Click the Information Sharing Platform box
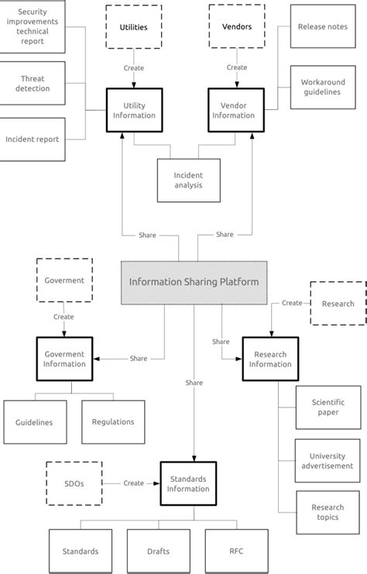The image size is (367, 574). pyautogui.click(x=193, y=282)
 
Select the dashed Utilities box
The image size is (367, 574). pyautogui.click(x=133, y=27)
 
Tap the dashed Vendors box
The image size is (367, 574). pyautogui.click(x=236, y=27)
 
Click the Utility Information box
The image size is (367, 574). pyautogui.click(x=133, y=110)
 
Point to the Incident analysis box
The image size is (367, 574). pyautogui.click(x=188, y=180)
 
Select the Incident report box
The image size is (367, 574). pyautogui.click(x=32, y=139)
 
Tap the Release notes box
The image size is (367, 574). pyautogui.click(x=322, y=26)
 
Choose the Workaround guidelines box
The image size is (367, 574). pyautogui.click(x=322, y=87)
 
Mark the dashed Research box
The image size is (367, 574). pyautogui.click(x=338, y=304)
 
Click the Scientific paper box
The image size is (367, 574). pyautogui.click(x=328, y=407)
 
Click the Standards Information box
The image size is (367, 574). pyautogui.click(x=188, y=483)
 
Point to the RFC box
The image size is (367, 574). pyautogui.click(x=236, y=551)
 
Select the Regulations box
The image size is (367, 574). pyautogui.click(x=113, y=422)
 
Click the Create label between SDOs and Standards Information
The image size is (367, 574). pyautogui.click(x=133, y=483)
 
